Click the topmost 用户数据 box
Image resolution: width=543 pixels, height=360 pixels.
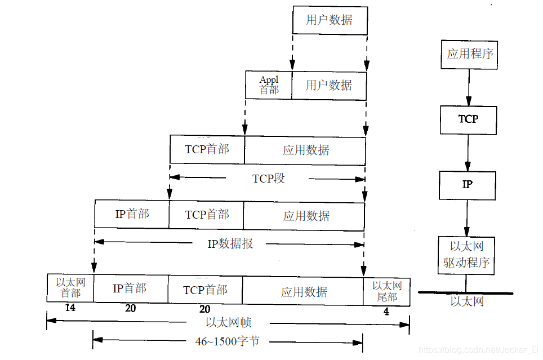(x=330, y=21)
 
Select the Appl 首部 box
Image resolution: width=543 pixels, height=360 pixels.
(x=269, y=85)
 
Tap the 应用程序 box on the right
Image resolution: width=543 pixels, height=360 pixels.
(x=469, y=54)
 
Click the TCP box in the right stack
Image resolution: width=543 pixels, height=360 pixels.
(x=468, y=119)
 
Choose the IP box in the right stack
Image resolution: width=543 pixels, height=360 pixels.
(x=467, y=185)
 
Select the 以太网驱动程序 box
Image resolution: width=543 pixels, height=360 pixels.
(x=466, y=255)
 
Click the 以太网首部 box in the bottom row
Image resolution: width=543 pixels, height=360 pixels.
(x=70, y=288)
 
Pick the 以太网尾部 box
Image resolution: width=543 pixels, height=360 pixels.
(x=386, y=291)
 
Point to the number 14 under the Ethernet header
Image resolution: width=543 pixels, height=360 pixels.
(x=70, y=308)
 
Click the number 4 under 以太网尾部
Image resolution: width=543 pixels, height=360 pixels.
(x=386, y=310)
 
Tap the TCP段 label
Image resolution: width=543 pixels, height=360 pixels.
(x=268, y=179)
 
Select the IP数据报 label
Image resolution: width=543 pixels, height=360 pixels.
(x=230, y=244)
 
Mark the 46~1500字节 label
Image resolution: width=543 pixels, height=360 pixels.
(x=228, y=341)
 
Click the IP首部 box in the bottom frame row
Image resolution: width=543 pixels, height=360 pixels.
(x=131, y=288)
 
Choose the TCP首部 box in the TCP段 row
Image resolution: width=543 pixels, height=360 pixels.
(x=207, y=149)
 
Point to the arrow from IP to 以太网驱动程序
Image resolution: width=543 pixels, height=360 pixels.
(x=467, y=217)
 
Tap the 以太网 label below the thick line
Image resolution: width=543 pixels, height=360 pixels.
(x=467, y=302)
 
